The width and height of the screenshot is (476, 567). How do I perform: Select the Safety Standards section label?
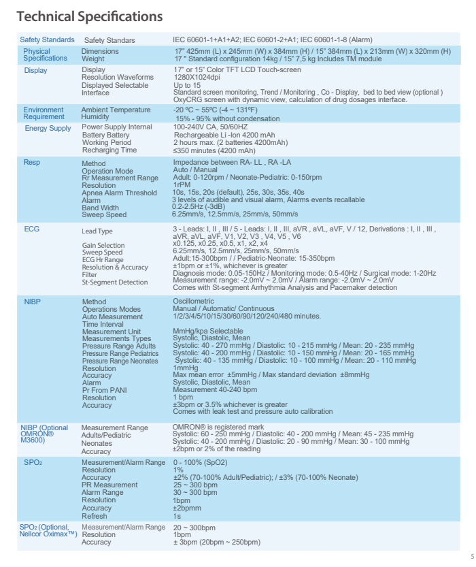click(x=47, y=40)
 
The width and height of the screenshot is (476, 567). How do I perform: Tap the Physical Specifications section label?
click(x=46, y=54)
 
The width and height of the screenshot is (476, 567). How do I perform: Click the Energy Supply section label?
click(x=48, y=128)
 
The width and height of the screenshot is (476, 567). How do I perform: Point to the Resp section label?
click(x=32, y=163)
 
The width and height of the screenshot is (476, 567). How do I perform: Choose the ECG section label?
click(x=32, y=229)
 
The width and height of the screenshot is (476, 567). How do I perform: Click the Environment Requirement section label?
click(x=45, y=113)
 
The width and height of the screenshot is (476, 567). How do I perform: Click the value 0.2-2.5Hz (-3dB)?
click(x=199, y=208)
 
